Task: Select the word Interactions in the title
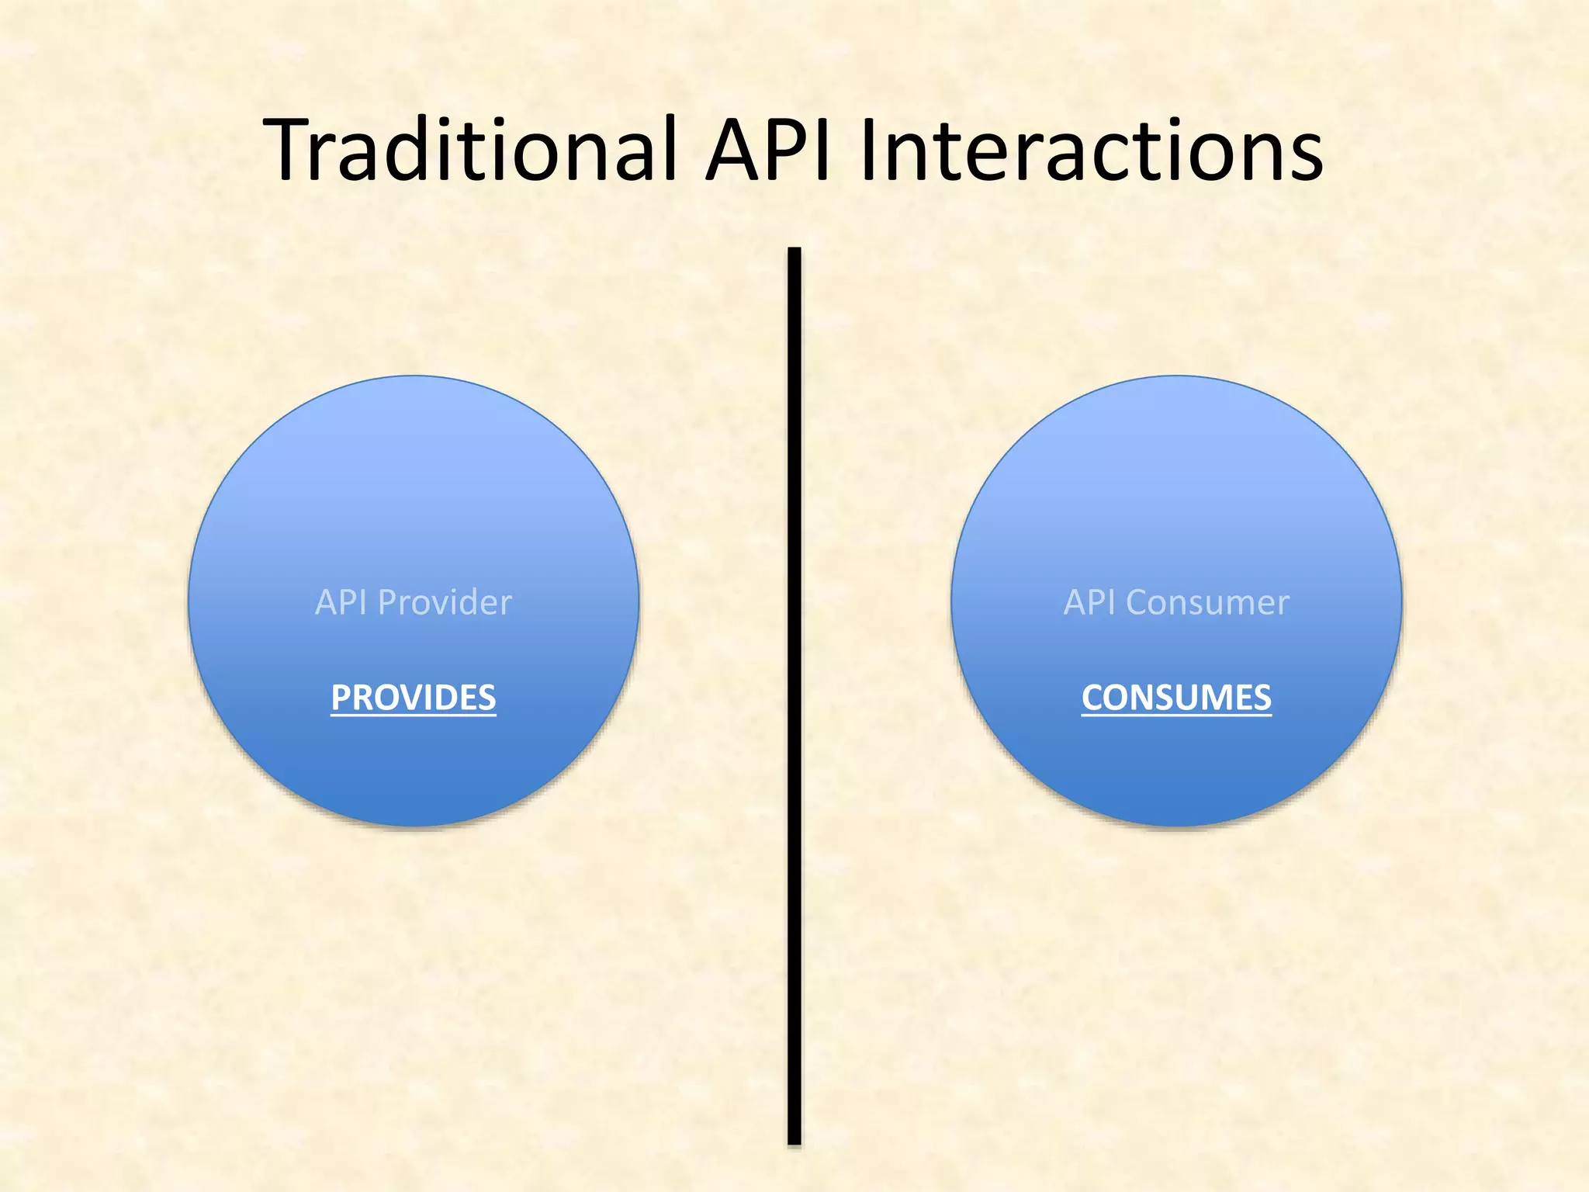click(1091, 149)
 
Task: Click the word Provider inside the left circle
click(445, 603)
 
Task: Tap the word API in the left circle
click(341, 603)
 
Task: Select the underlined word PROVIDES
click(413, 698)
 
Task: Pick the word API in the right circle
click(1089, 603)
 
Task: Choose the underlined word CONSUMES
click(1176, 698)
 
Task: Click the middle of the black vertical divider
click(794, 696)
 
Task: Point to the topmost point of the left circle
click(414, 377)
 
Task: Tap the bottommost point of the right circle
click(1176, 825)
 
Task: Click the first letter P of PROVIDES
click(340, 698)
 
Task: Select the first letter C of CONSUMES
click(1092, 698)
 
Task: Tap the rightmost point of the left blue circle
click(638, 601)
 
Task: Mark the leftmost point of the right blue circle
click(953, 601)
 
